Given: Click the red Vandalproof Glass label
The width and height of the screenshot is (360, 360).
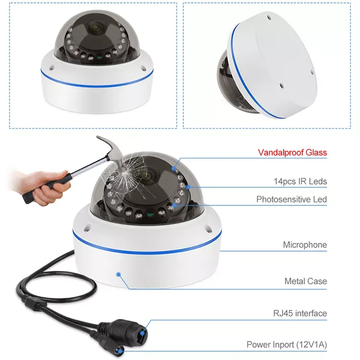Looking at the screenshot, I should click(x=292, y=153).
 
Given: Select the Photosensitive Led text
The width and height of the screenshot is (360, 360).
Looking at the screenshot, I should click(x=291, y=199).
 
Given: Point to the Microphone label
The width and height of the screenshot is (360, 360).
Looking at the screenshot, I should click(x=305, y=245).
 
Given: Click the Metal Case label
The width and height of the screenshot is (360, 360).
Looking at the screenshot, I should click(x=305, y=281).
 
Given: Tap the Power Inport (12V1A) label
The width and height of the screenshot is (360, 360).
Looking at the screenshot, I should click(x=287, y=345).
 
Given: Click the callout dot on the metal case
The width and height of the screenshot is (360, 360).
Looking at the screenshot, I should click(x=119, y=274).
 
